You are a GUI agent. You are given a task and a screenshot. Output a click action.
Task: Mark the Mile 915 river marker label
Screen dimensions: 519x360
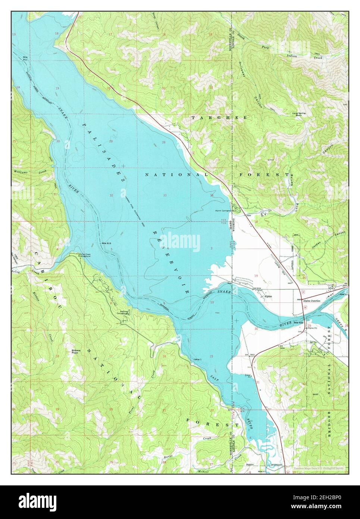pos(107,243)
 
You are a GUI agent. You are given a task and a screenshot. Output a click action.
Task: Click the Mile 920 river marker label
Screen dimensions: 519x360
pos(299,322)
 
